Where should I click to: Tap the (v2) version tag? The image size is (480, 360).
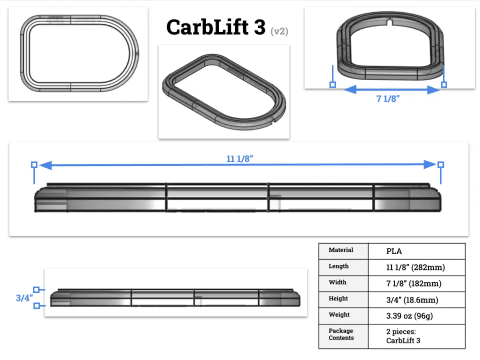[280, 31]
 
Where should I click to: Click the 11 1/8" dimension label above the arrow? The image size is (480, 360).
[240, 159]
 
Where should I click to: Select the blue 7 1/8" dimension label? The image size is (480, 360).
[388, 99]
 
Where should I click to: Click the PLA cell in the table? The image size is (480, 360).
[394, 251]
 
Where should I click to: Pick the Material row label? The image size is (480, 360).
[341, 250]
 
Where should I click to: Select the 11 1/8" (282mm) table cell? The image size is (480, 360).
[416, 267]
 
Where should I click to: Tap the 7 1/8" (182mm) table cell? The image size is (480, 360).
[414, 284]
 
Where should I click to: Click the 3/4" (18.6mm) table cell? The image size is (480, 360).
[412, 300]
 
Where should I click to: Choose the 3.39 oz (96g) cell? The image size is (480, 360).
[409, 316]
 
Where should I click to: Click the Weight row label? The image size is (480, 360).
[339, 315]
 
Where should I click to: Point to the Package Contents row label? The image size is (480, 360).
[341, 334]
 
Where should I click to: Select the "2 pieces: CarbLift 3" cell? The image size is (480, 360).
[403, 336]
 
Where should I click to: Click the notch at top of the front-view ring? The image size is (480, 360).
[390, 20]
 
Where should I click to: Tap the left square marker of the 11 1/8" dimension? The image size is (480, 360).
[34, 164]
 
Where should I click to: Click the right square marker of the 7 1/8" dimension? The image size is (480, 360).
[444, 84]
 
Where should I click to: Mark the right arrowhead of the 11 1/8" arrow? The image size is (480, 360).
[430, 164]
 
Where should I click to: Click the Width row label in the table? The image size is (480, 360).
[338, 282]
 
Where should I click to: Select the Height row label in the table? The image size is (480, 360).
[338, 299]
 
